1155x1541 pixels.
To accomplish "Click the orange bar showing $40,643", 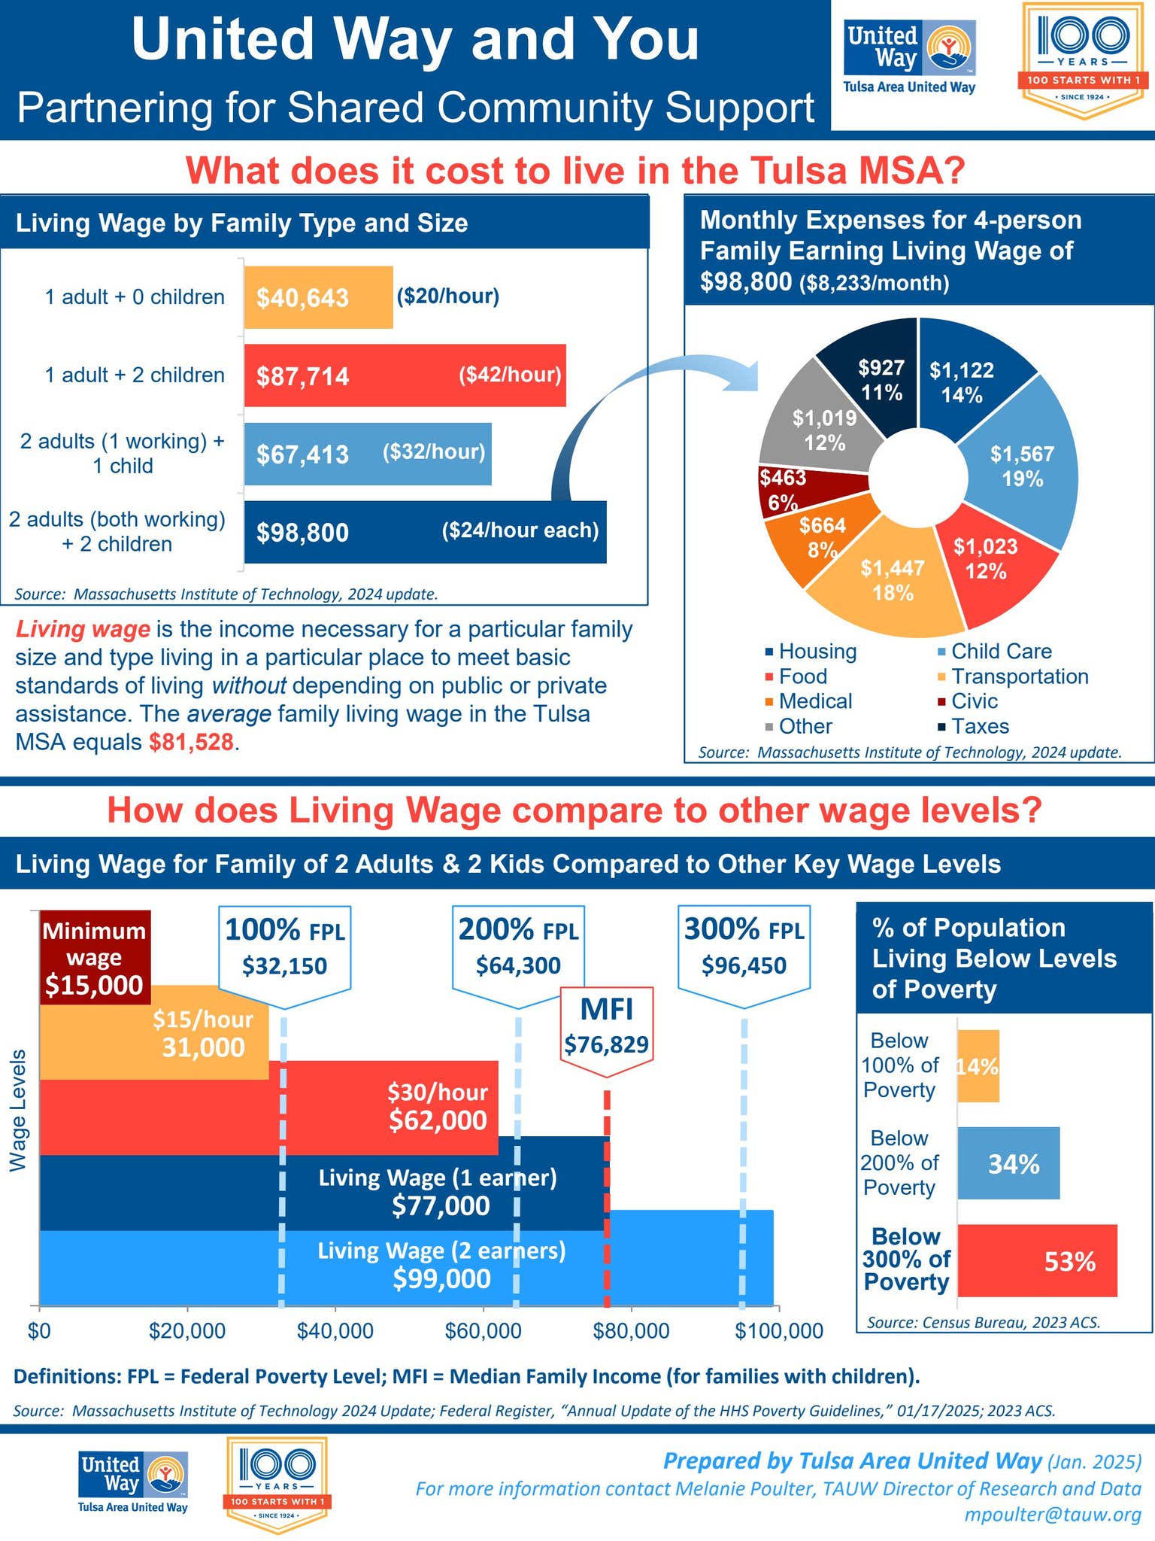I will tap(317, 297).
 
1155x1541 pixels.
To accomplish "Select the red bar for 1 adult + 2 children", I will tap(405, 375).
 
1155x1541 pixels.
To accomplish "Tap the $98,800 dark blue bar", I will tap(425, 532).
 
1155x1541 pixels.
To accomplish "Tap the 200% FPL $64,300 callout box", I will tap(518, 950).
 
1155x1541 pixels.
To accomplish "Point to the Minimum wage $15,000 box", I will tap(95, 957).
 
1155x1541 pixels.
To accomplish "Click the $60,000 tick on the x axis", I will tap(484, 1330).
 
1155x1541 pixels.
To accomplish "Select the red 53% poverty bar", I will tap(1038, 1260).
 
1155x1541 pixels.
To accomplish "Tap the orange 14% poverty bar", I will tap(978, 1065).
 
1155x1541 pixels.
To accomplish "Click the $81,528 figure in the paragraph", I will tap(192, 743).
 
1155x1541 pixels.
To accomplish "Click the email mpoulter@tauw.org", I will tap(1053, 1514).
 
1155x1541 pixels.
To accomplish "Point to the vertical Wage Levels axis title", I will tap(18, 1110).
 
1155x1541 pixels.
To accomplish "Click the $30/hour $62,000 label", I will tap(438, 1107).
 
